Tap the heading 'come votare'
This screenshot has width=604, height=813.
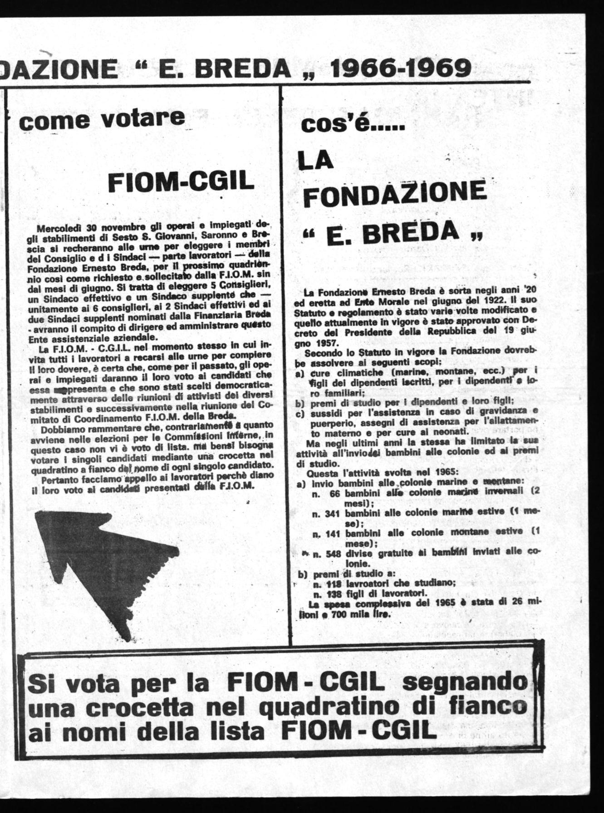click(x=101, y=119)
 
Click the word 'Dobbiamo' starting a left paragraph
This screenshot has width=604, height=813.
click(x=60, y=429)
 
